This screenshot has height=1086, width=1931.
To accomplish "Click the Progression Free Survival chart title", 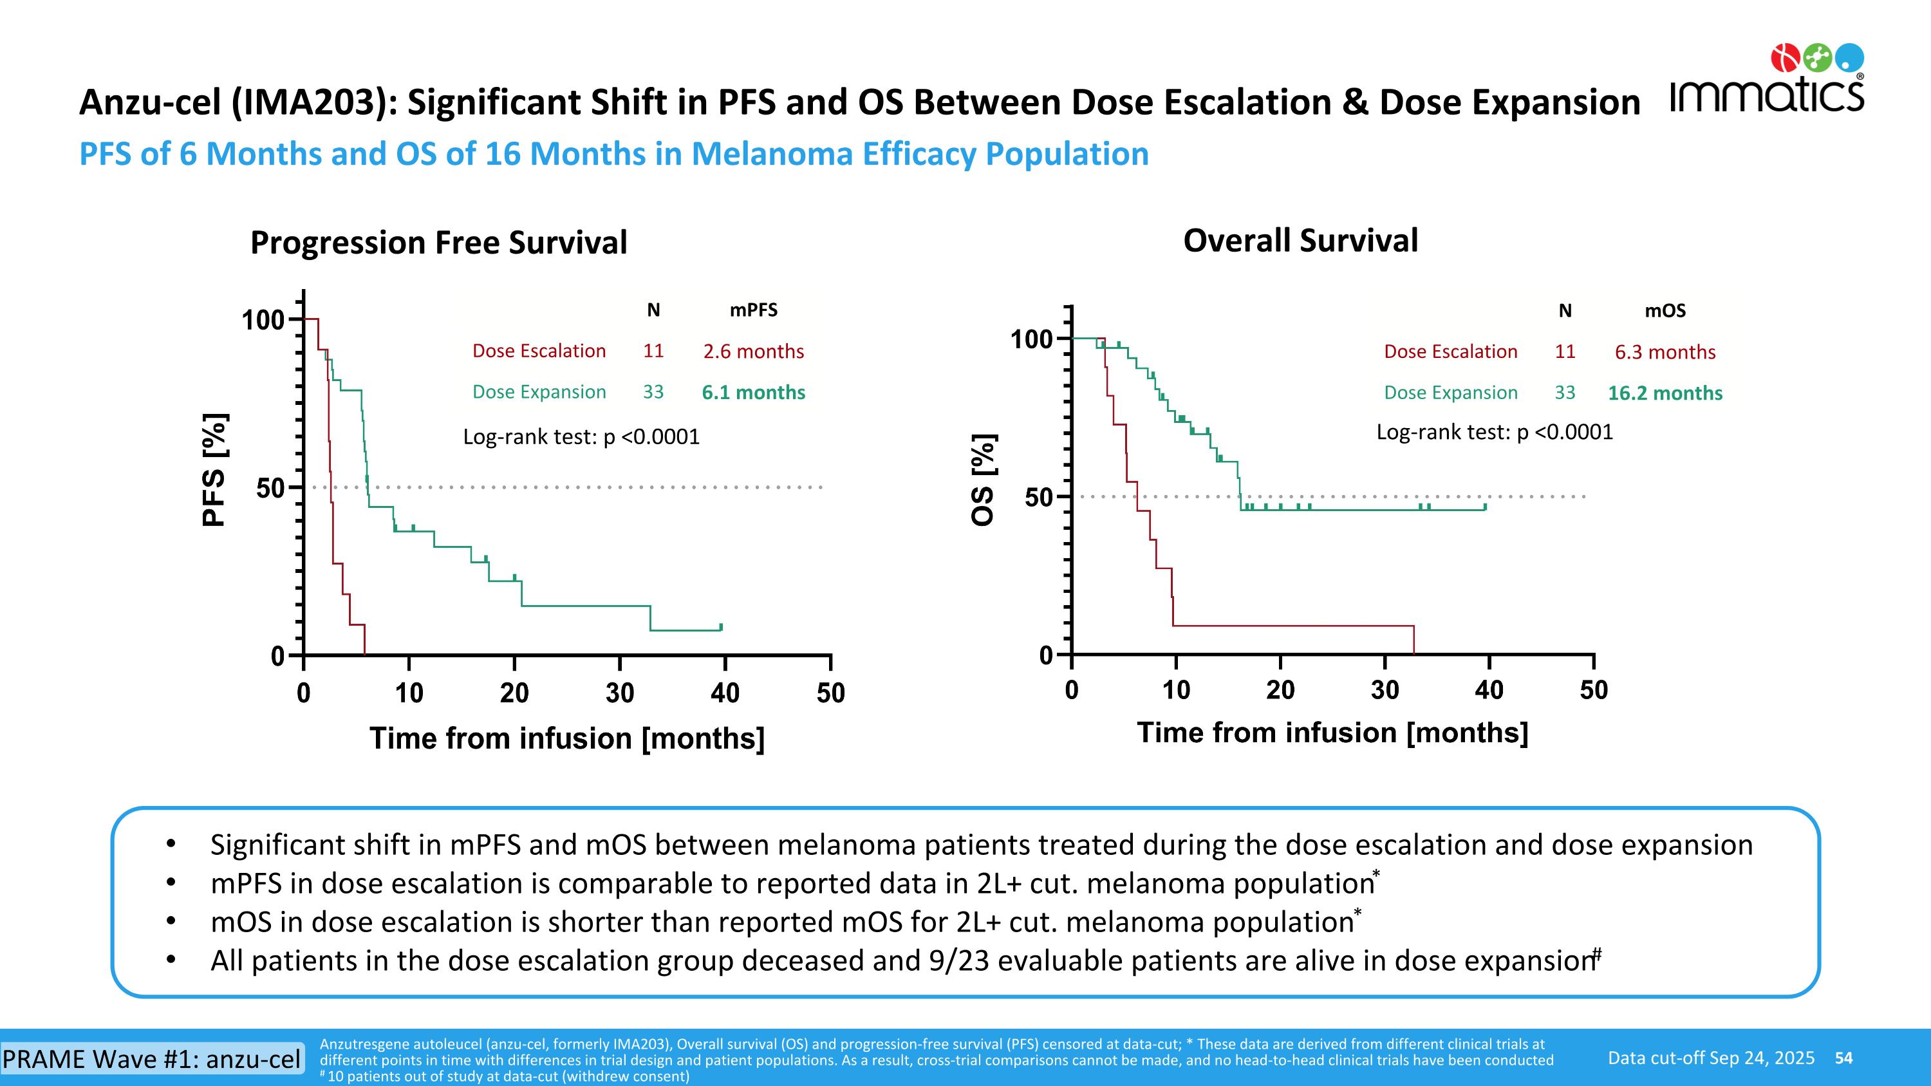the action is (x=438, y=242).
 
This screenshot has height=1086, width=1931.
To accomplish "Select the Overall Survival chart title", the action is (x=1301, y=241).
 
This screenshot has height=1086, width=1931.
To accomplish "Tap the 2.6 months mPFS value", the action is (x=753, y=351).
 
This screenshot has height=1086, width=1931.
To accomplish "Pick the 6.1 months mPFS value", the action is (x=753, y=393).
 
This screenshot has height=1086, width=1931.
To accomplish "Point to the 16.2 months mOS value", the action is (x=1665, y=393).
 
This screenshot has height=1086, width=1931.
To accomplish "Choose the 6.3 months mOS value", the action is (x=1665, y=352).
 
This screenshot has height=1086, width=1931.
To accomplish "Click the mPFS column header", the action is (x=753, y=310).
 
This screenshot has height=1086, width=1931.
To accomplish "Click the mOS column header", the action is (x=1665, y=311).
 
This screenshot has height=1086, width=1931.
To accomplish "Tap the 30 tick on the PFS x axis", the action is (x=620, y=693).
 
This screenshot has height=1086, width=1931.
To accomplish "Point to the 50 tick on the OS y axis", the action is (x=1039, y=497).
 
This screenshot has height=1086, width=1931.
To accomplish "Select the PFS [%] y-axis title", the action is (x=215, y=470).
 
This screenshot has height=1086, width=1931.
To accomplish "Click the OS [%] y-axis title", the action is (x=984, y=480).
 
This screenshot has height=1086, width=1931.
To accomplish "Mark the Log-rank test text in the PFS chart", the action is (x=581, y=437).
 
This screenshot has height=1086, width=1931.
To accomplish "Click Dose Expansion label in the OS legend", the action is (x=1450, y=393).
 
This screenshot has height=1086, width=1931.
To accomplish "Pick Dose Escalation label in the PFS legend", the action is (x=539, y=351).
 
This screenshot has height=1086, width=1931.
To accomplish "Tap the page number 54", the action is (x=1843, y=1058).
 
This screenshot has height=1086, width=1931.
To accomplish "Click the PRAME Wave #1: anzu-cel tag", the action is (x=152, y=1059).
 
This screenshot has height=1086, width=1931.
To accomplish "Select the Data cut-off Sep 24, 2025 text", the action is (x=1712, y=1058).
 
